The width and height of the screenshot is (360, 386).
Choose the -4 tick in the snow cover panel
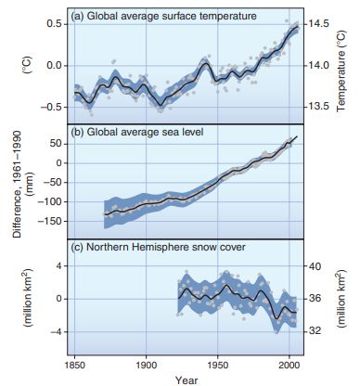tap(55, 331)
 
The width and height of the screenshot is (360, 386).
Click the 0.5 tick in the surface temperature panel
tap(55, 23)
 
